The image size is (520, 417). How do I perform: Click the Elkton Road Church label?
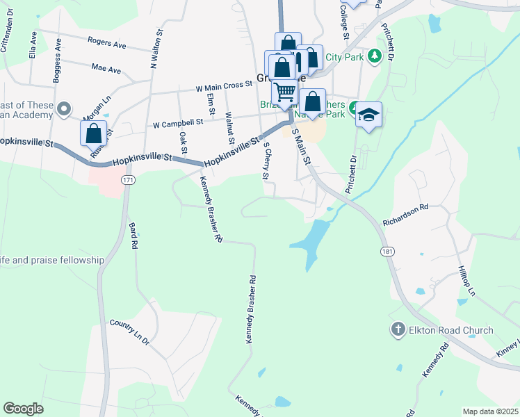click(453, 330)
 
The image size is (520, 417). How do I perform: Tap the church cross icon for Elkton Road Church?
click(398, 329)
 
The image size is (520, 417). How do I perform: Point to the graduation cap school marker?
click(369, 115)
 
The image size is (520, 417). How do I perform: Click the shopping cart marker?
click(284, 91)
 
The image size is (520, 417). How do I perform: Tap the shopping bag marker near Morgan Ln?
click(93, 132)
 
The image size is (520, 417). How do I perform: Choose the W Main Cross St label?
click(223, 87)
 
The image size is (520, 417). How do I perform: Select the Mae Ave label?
click(106, 69)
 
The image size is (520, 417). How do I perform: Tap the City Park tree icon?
click(375, 55)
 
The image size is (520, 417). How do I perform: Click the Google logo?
click(23, 409)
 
